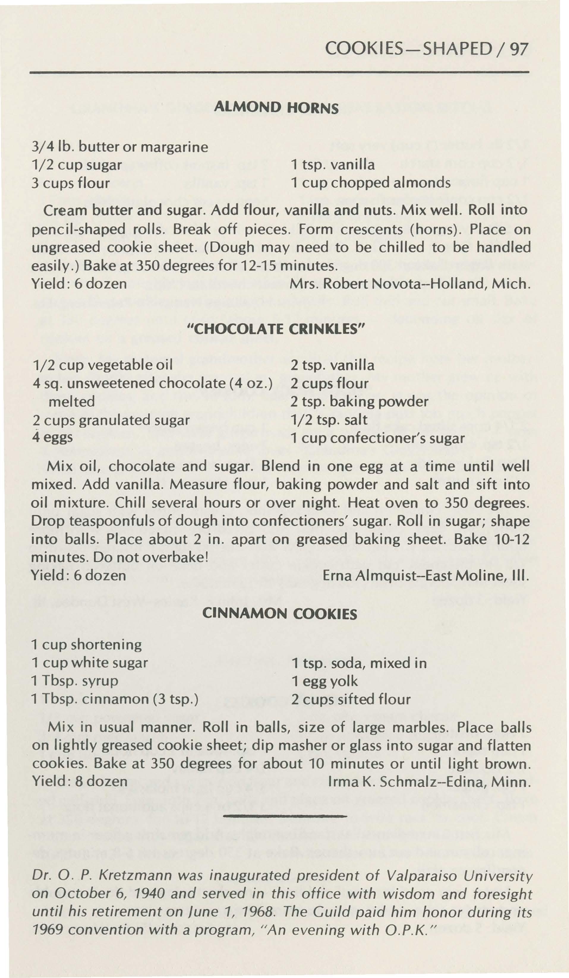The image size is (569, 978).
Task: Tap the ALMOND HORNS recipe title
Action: [277, 107]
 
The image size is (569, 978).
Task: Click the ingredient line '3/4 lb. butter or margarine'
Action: [120, 147]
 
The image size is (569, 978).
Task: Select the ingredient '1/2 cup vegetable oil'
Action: [103, 365]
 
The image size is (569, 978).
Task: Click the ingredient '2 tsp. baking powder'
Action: [359, 402]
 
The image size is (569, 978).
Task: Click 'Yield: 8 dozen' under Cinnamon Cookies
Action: [79, 781]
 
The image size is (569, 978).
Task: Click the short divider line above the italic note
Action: [284, 816]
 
